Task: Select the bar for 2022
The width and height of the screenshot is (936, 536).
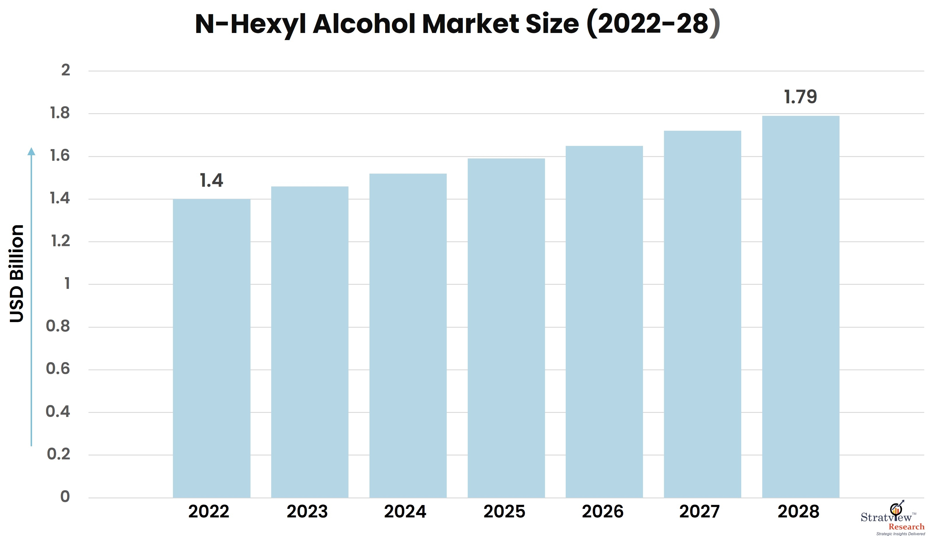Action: [x=211, y=348]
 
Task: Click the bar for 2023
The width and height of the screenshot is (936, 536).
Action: [x=310, y=342]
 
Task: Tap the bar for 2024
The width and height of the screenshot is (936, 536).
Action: [x=408, y=336]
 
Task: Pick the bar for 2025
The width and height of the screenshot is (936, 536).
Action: [x=506, y=328]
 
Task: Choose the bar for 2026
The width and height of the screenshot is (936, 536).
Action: [x=604, y=322]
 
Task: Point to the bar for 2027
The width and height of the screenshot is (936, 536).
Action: [x=702, y=314]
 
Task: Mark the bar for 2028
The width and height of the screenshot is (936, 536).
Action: [x=801, y=307]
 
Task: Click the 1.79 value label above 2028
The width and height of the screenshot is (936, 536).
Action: [x=801, y=97]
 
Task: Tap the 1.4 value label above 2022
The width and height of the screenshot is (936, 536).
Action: [x=211, y=180]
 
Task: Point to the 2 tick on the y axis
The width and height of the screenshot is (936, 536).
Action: [x=66, y=70]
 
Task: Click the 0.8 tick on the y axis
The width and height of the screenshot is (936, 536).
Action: [x=58, y=326]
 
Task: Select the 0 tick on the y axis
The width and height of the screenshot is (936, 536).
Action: [x=65, y=497]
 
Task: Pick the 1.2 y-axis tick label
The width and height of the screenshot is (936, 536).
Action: [x=60, y=241]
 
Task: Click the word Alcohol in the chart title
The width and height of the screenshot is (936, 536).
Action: [x=364, y=24]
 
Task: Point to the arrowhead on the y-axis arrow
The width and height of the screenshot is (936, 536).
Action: [x=31, y=151]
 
